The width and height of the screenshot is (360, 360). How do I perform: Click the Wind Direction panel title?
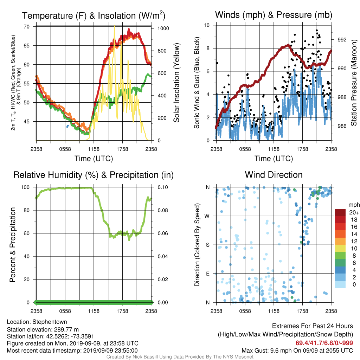[274, 175]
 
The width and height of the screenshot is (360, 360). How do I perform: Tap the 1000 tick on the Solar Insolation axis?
[163, 28]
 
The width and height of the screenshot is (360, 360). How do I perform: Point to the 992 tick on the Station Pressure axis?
[342, 40]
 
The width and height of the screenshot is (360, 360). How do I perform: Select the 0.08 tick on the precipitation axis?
[163, 210]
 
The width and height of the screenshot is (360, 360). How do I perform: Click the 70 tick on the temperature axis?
[27, 27]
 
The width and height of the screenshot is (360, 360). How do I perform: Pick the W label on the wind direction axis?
[207, 216]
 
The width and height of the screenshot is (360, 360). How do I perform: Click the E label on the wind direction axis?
[207, 274]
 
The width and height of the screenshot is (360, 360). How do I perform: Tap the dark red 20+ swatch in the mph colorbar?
[340, 212]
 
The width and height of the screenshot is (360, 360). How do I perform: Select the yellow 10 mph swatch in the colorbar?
[340, 249]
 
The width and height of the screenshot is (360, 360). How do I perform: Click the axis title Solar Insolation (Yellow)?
[176, 83]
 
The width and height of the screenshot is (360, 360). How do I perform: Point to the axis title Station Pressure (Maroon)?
[354, 83]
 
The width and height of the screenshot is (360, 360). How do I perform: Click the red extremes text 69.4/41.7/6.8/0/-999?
[324, 343]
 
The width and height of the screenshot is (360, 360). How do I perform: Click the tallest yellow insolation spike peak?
[114, 26]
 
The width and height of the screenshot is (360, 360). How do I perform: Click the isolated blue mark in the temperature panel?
[67, 126]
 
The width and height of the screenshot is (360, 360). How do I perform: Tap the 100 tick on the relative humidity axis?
[25, 187]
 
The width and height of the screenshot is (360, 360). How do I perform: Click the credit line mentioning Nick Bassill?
[180, 357]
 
